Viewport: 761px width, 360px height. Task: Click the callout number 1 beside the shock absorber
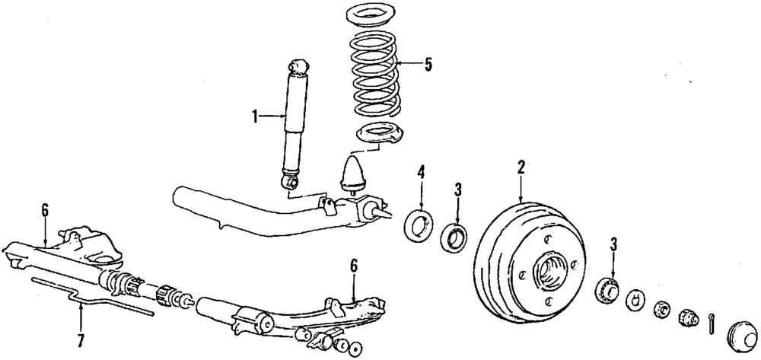(256, 116)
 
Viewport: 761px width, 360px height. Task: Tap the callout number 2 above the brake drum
(521, 166)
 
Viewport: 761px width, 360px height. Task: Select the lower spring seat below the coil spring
(377, 135)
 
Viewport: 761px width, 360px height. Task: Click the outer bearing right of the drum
(607, 291)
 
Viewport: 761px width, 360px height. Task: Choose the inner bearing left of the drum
(454, 237)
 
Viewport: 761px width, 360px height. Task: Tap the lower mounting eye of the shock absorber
(290, 182)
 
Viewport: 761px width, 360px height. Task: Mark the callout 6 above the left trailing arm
(45, 211)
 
